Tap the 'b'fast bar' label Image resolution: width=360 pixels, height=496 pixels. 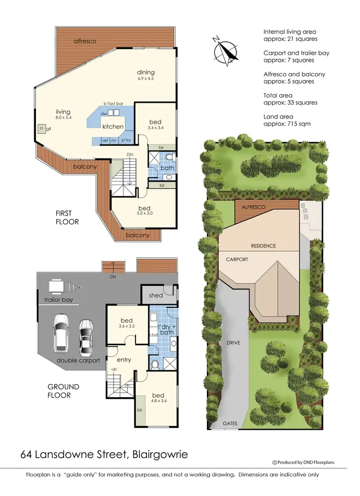114,104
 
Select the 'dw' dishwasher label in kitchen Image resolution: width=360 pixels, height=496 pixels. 103,113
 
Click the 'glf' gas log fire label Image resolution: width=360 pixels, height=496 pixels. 48,129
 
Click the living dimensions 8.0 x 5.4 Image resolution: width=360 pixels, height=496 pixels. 63,118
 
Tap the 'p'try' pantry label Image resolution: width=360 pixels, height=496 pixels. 126,141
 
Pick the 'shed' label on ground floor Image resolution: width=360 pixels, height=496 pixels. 156,295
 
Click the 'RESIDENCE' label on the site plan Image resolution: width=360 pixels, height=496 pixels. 264,246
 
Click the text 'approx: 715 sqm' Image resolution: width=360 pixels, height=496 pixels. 287,123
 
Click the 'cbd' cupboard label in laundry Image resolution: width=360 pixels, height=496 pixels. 154,335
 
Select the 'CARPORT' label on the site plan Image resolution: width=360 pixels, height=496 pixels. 237,259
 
